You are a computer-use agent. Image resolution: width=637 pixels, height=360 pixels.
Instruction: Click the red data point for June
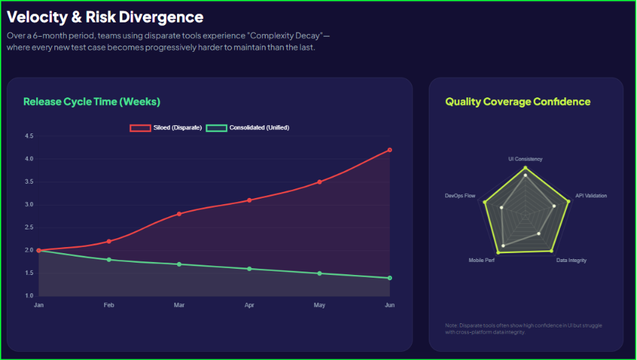(x=389, y=150)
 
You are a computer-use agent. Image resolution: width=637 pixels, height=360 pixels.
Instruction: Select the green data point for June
(x=389, y=278)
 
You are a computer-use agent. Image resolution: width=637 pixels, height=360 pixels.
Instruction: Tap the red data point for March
(x=179, y=214)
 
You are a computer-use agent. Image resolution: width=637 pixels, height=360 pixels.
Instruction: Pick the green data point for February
(x=109, y=260)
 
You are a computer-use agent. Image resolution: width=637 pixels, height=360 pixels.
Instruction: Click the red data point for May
(x=319, y=182)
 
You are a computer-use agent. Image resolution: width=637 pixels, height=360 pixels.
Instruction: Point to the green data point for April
(x=249, y=269)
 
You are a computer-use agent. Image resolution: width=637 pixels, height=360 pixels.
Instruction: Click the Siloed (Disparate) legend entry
(x=166, y=128)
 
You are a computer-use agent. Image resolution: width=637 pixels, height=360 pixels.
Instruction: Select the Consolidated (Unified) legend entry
(x=248, y=128)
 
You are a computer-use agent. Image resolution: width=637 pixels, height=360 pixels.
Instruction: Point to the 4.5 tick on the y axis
(x=29, y=136)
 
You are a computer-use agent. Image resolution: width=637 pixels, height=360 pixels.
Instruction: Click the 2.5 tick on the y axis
(x=29, y=227)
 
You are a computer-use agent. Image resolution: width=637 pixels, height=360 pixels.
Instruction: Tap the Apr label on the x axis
(x=249, y=306)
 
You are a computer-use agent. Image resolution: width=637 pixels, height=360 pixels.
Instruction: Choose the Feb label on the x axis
(x=109, y=306)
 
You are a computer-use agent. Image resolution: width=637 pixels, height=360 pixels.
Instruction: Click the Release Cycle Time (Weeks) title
(x=92, y=102)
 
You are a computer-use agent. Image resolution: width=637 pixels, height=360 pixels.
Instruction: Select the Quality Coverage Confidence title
(x=518, y=102)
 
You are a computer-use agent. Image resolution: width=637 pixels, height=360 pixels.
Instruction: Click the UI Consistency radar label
(x=525, y=159)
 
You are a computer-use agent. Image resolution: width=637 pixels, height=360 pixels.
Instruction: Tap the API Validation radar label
(x=591, y=196)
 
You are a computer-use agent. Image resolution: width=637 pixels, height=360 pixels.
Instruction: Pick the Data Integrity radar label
(x=571, y=261)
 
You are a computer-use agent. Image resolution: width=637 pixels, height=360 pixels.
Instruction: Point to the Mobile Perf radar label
(x=482, y=261)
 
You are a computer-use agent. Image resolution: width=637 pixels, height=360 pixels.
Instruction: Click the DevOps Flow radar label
(x=460, y=196)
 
